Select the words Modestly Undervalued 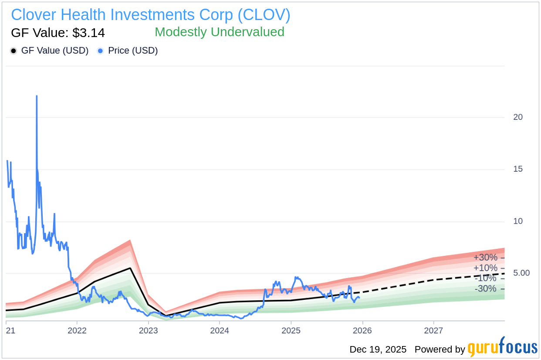(x=220, y=32)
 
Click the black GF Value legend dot (x=14, y=51)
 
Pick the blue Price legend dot (x=101, y=51)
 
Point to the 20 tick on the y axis (x=518, y=117)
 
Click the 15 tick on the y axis (x=518, y=169)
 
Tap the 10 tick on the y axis (x=518, y=221)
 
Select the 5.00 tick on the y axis (x=521, y=273)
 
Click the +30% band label (x=485, y=258)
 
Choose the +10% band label (x=485, y=268)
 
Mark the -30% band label (x=485, y=289)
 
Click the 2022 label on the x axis (x=77, y=330)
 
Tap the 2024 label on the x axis (x=220, y=330)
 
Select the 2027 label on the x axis (x=434, y=330)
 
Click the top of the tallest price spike (x=37, y=96)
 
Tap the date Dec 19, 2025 (x=378, y=350)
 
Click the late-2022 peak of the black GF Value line (x=130, y=268)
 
